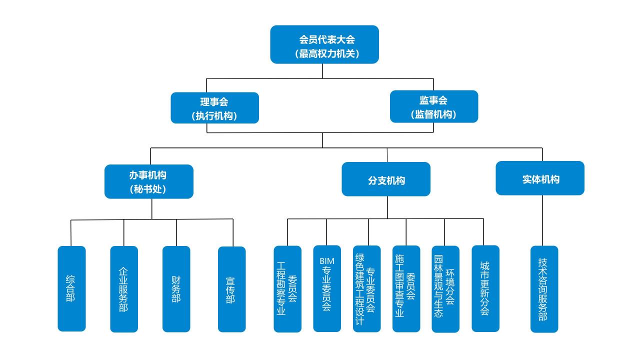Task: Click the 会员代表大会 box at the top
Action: [324, 44]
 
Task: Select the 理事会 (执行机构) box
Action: [214, 107]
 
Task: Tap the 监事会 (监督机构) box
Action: [434, 106]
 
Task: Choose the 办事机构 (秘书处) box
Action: [148, 181]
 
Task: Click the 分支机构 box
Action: [386, 179]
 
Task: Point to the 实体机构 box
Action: [540, 178]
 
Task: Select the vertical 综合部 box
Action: [71, 288]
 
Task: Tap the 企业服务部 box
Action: [124, 289]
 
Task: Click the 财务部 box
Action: [176, 289]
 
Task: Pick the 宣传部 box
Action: [232, 289]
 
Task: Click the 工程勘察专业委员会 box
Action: [287, 288]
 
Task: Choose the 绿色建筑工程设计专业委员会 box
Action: [366, 288]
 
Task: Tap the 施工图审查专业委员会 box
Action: [406, 288]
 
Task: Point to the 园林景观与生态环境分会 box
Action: [445, 288]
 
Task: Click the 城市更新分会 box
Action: [485, 288]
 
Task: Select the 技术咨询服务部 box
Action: [544, 289]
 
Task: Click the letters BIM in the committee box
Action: [327, 261]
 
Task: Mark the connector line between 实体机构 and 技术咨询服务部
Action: [543, 220]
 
